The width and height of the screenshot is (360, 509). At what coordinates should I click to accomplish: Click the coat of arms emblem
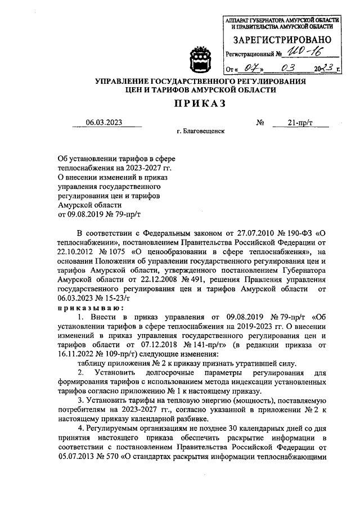point(201,58)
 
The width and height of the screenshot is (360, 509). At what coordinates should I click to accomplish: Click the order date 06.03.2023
point(103,123)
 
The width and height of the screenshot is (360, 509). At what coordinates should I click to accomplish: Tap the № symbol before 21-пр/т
point(260,123)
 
